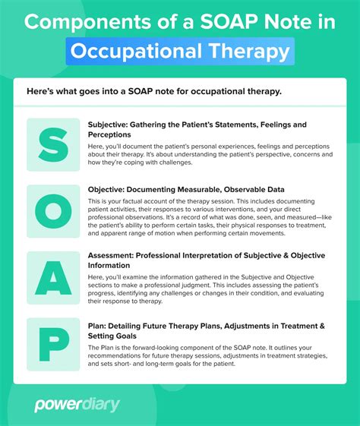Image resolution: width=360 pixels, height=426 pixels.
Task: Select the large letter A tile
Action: coord(52,278)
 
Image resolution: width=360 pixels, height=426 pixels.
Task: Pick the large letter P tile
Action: coord(52,344)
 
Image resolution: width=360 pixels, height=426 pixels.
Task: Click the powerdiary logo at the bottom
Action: coord(77,405)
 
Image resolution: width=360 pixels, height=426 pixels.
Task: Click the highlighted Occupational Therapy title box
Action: coord(180,51)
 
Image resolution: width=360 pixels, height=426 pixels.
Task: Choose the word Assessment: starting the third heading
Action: coord(117,255)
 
